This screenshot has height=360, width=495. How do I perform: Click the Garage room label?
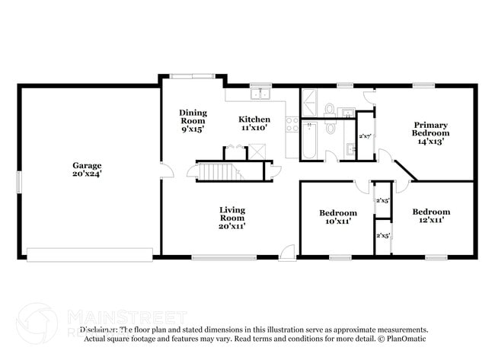click(87, 165)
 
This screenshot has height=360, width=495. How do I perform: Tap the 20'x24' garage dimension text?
click(87, 174)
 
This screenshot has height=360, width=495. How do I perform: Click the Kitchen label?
click(254, 119)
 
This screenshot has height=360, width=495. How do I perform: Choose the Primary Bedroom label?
click(430, 129)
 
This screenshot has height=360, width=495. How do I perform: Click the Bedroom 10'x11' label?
click(337, 217)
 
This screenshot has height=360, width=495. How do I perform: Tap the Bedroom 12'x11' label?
click(431, 215)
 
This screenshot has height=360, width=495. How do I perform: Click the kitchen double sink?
click(263, 94)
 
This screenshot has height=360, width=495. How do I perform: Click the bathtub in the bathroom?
click(308, 141)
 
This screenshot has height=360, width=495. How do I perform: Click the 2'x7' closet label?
click(366, 136)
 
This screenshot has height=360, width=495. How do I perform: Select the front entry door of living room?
click(288, 251)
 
